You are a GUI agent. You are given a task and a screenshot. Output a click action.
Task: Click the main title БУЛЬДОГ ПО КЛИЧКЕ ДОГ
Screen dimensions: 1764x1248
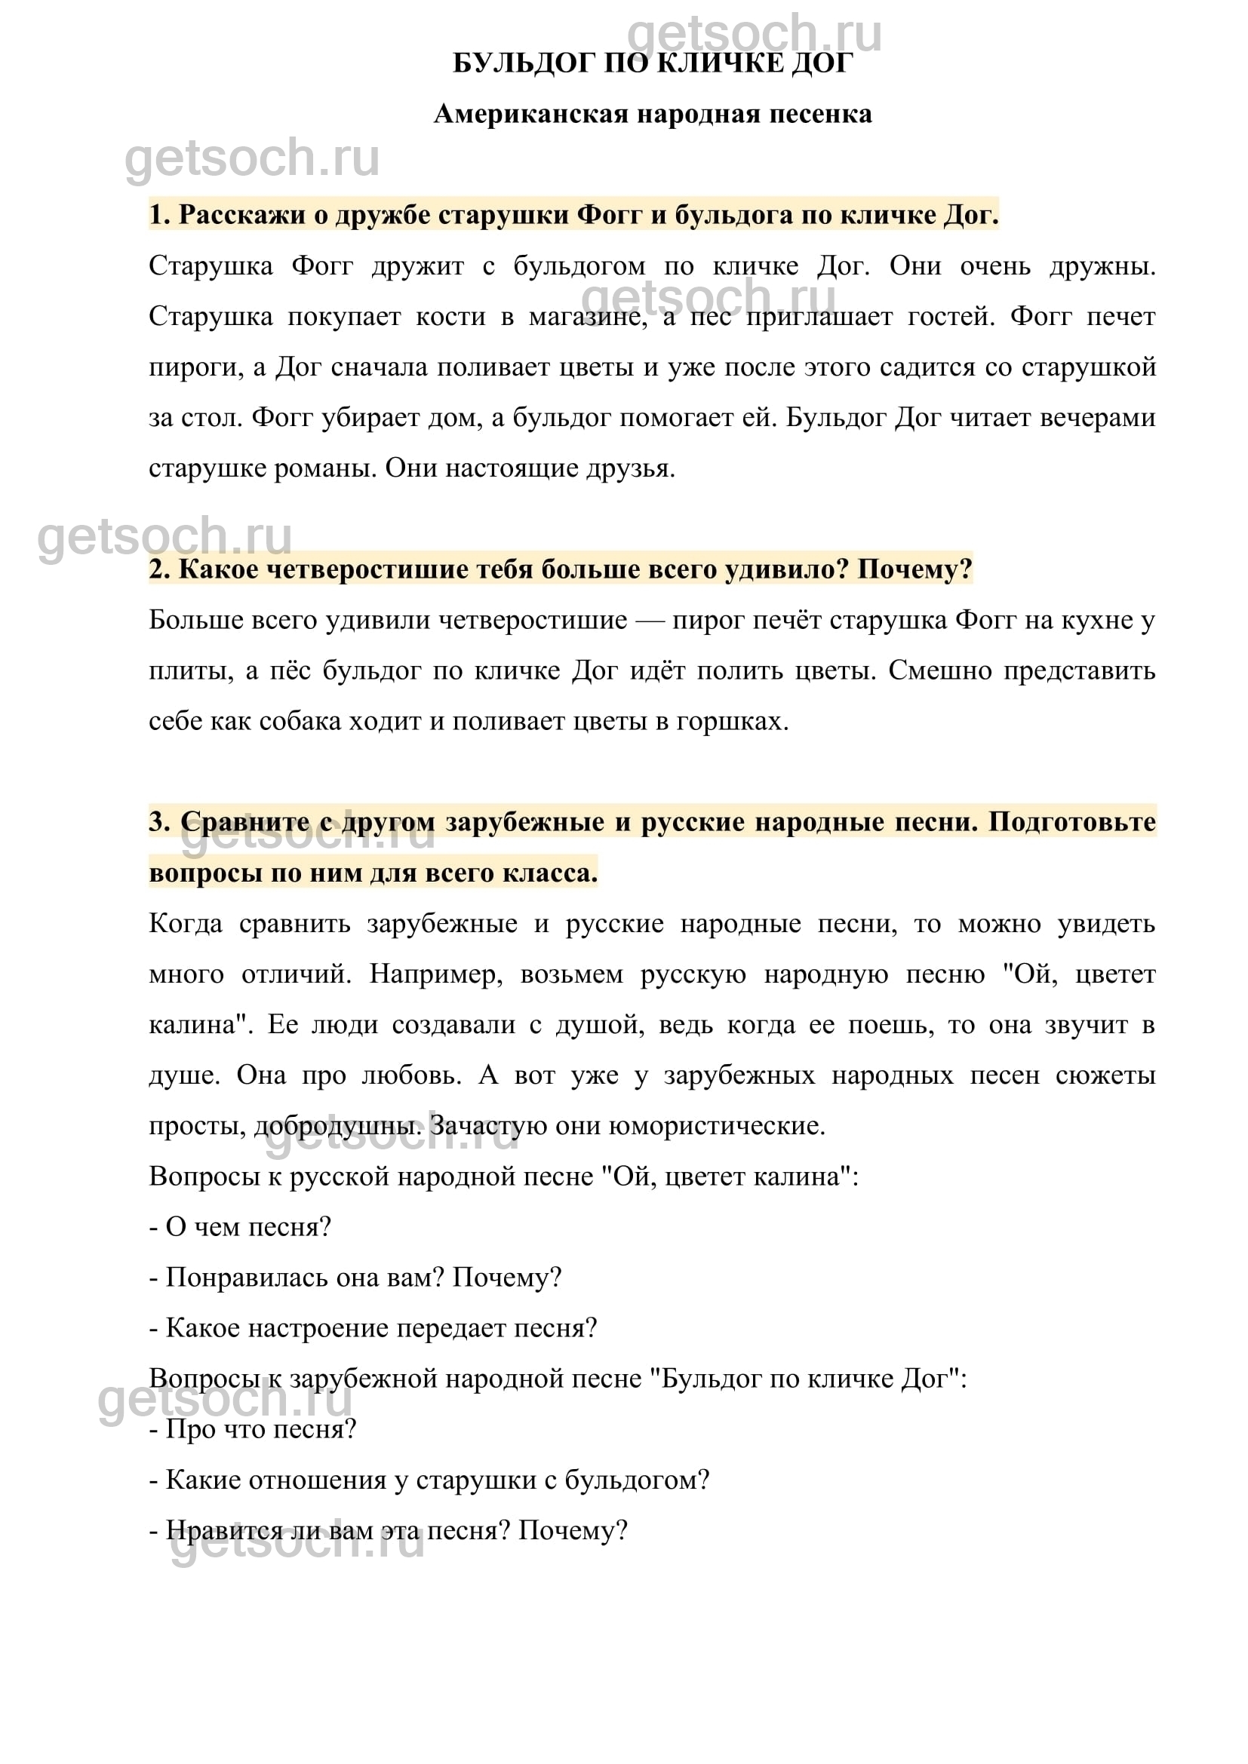653,64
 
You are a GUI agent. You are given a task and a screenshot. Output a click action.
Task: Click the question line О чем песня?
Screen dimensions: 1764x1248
240,1227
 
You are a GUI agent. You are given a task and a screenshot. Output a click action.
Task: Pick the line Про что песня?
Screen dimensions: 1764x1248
253,1429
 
